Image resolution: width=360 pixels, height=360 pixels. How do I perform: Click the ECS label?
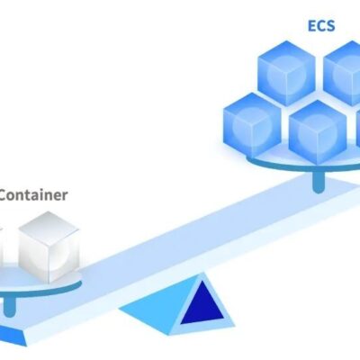(x=321, y=25)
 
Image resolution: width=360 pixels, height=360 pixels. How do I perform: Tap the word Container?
(x=33, y=195)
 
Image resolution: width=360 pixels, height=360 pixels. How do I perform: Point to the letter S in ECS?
(x=330, y=25)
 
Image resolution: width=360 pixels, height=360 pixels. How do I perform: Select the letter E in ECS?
(x=311, y=25)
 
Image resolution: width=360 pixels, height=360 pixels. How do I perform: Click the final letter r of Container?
(x=65, y=196)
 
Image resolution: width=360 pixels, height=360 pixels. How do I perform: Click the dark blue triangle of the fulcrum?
(x=202, y=303)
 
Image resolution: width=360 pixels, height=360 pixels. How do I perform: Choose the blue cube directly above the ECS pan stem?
(x=318, y=132)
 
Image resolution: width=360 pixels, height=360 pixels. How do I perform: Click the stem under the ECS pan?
(x=319, y=183)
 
